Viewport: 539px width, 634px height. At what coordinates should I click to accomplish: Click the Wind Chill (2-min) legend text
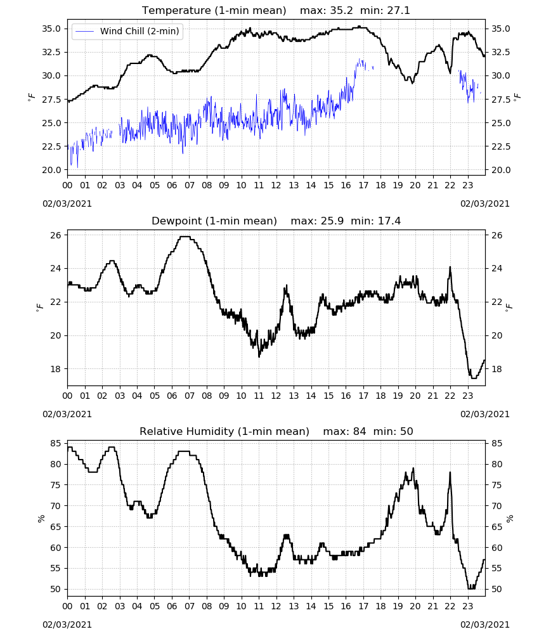pos(140,31)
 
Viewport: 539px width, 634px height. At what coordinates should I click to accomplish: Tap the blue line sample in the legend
pos(85,31)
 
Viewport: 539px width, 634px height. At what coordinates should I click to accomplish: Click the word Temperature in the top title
pos(176,11)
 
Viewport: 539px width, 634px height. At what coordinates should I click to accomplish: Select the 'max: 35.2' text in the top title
pos(327,11)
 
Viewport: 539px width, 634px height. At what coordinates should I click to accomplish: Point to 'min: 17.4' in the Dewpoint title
pos(375,221)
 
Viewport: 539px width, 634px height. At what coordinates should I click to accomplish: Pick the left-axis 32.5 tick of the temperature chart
pos(51,52)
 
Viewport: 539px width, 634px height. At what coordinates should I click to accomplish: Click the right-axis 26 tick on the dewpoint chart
pos(497,235)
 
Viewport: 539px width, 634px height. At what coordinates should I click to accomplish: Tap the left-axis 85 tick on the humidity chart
pos(56,444)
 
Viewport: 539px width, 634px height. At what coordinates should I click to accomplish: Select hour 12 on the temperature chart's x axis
pos(276,186)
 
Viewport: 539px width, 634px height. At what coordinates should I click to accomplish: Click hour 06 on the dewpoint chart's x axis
pos(172,396)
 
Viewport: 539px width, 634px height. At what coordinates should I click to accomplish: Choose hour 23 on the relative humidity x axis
pos(467,606)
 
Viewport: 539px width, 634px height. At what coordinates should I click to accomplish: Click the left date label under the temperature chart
pos(67,204)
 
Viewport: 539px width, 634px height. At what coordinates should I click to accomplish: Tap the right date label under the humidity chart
pos(485,624)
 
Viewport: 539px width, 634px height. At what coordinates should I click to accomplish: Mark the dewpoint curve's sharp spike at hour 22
pos(450,268)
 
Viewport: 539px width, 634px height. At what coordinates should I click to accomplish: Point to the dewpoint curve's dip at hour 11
pos(259,356)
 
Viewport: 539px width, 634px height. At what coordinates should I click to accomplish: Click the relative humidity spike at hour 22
pos(450,473)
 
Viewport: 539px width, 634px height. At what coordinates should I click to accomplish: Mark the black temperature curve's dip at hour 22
pos(450,73)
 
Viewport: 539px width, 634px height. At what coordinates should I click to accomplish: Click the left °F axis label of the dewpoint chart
pos(39,307)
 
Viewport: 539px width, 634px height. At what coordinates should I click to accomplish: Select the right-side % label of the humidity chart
pos(509,518)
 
